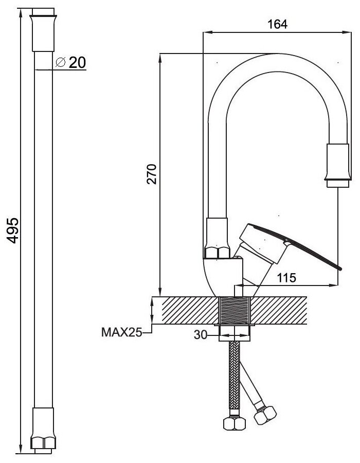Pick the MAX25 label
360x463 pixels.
pyautogui.click(x=121, y=333)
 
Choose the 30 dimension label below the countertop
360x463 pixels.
pyautogui.click(x=200, y=335)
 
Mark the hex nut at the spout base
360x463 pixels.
pyautogui.click(x=218, y=253)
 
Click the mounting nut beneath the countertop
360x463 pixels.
pyautogui.click(x=235, y=332)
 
